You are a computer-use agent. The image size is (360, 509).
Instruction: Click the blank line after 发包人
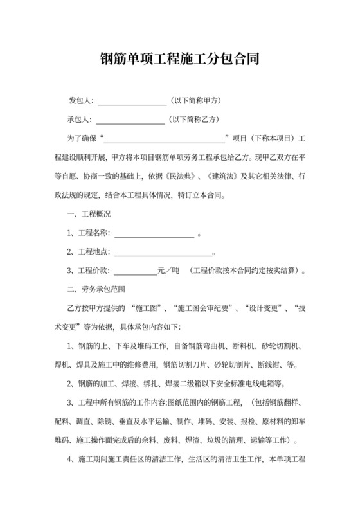(x=132, y=102)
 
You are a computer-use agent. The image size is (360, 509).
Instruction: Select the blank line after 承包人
(x=130, y=120)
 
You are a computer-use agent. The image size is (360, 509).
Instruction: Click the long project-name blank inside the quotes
(x=166, y=139)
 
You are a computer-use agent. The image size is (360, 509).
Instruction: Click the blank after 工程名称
(x=154, y=233)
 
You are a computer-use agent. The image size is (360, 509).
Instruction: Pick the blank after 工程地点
(x=162, y=252)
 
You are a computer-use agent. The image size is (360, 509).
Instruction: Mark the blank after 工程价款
(x=136, y=271)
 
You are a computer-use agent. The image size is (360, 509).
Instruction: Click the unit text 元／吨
(x=169, y=271)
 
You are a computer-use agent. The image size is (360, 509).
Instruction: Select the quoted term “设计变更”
(x=262, y=308)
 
